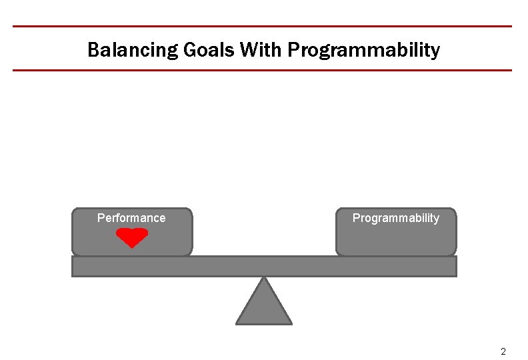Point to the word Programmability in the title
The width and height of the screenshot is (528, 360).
click(x=364, y=50)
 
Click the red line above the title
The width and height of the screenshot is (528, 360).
click(x=263, y=27)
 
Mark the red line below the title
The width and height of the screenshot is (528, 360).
click(x=263, y=70)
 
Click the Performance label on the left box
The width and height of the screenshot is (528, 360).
click(x=131, y=218)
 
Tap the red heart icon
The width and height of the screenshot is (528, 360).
click(x=132, y=237)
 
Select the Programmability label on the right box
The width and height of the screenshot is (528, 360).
click(x=396, y=218)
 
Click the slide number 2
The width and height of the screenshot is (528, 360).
click(x=503, y=351)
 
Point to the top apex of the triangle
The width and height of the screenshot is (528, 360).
click(x=265, y=278)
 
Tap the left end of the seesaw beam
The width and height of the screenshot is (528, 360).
click(x=74, y=267)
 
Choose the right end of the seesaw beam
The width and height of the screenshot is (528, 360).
click(x=455, y=267)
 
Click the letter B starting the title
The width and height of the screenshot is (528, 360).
click(x=93, y=50)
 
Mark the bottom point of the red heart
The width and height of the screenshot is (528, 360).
click(x=132, y=247)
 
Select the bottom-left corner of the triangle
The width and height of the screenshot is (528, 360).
click(x=237, y=323)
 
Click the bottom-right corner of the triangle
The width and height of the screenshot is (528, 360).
click(x=291, y=323)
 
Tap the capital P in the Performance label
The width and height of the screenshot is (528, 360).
click(x=101, y=218)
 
